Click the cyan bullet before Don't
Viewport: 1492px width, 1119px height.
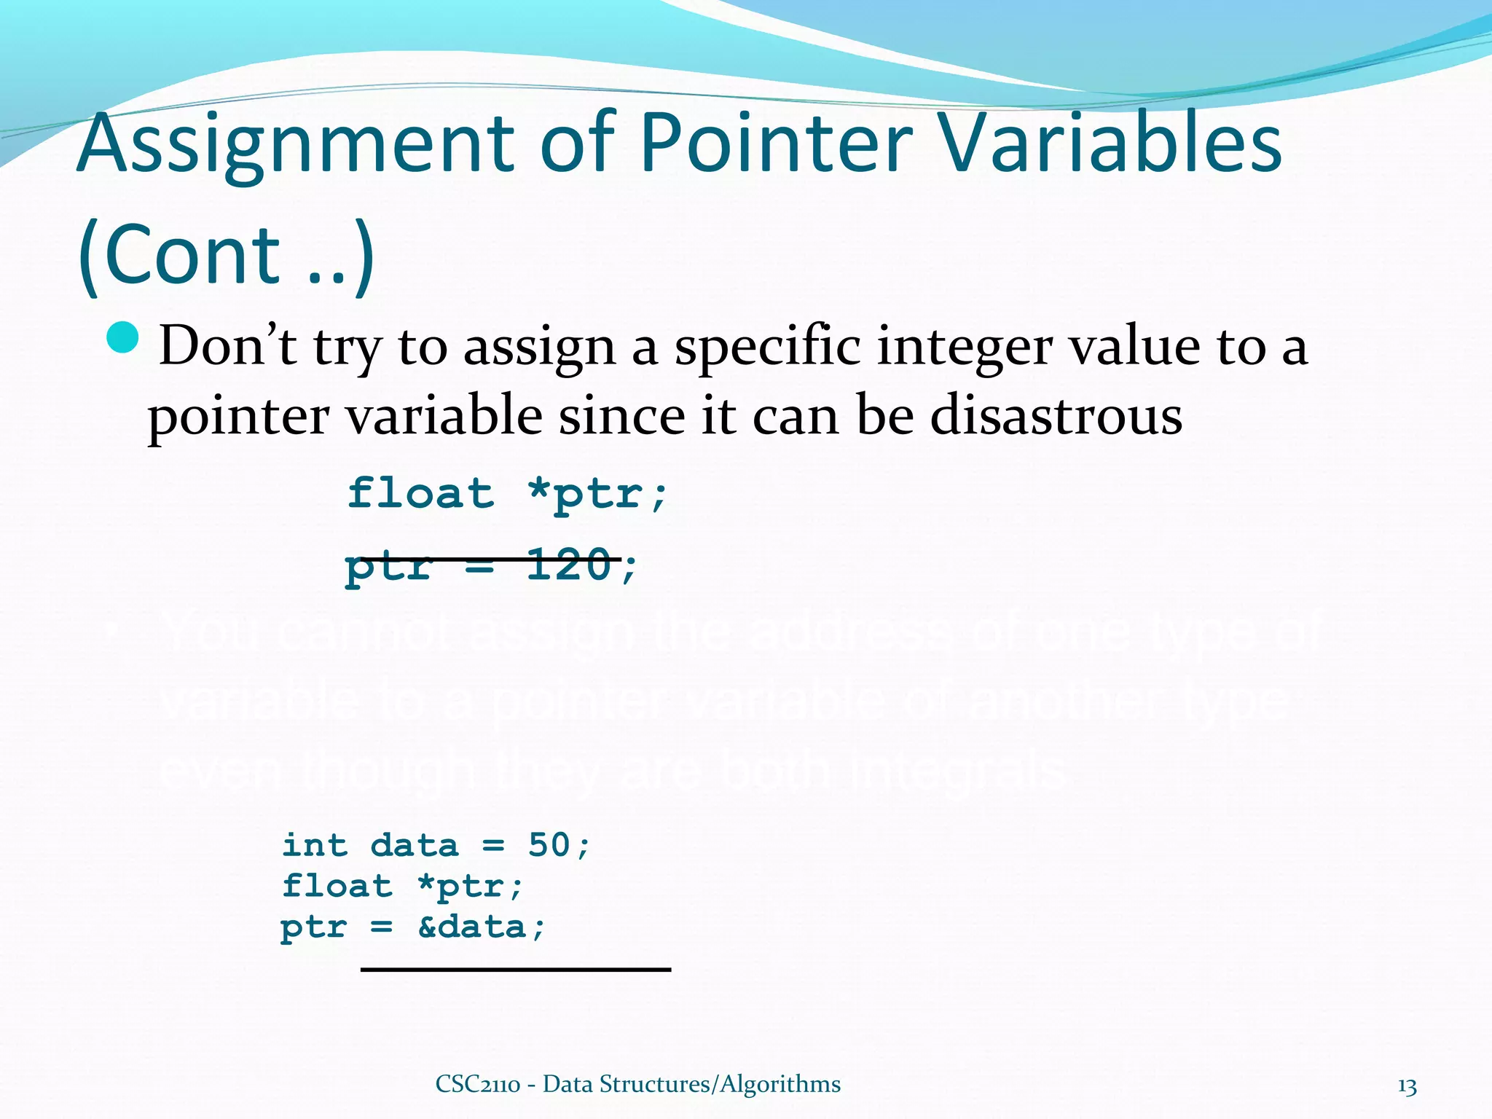(x=122, y=337)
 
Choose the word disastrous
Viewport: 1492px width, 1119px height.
(x=1056, y=417)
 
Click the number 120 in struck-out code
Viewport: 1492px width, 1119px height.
(x=568, y=565)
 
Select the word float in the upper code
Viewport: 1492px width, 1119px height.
(x=420, y=494)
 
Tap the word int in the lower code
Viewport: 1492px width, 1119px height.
(x=314, y=845)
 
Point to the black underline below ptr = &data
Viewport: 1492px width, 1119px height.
(x=515, y=970)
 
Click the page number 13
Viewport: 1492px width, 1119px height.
(x=1407, y=1086)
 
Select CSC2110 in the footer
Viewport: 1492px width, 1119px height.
(x=477, y=1084)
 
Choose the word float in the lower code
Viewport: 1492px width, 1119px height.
(x=337, y=887)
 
